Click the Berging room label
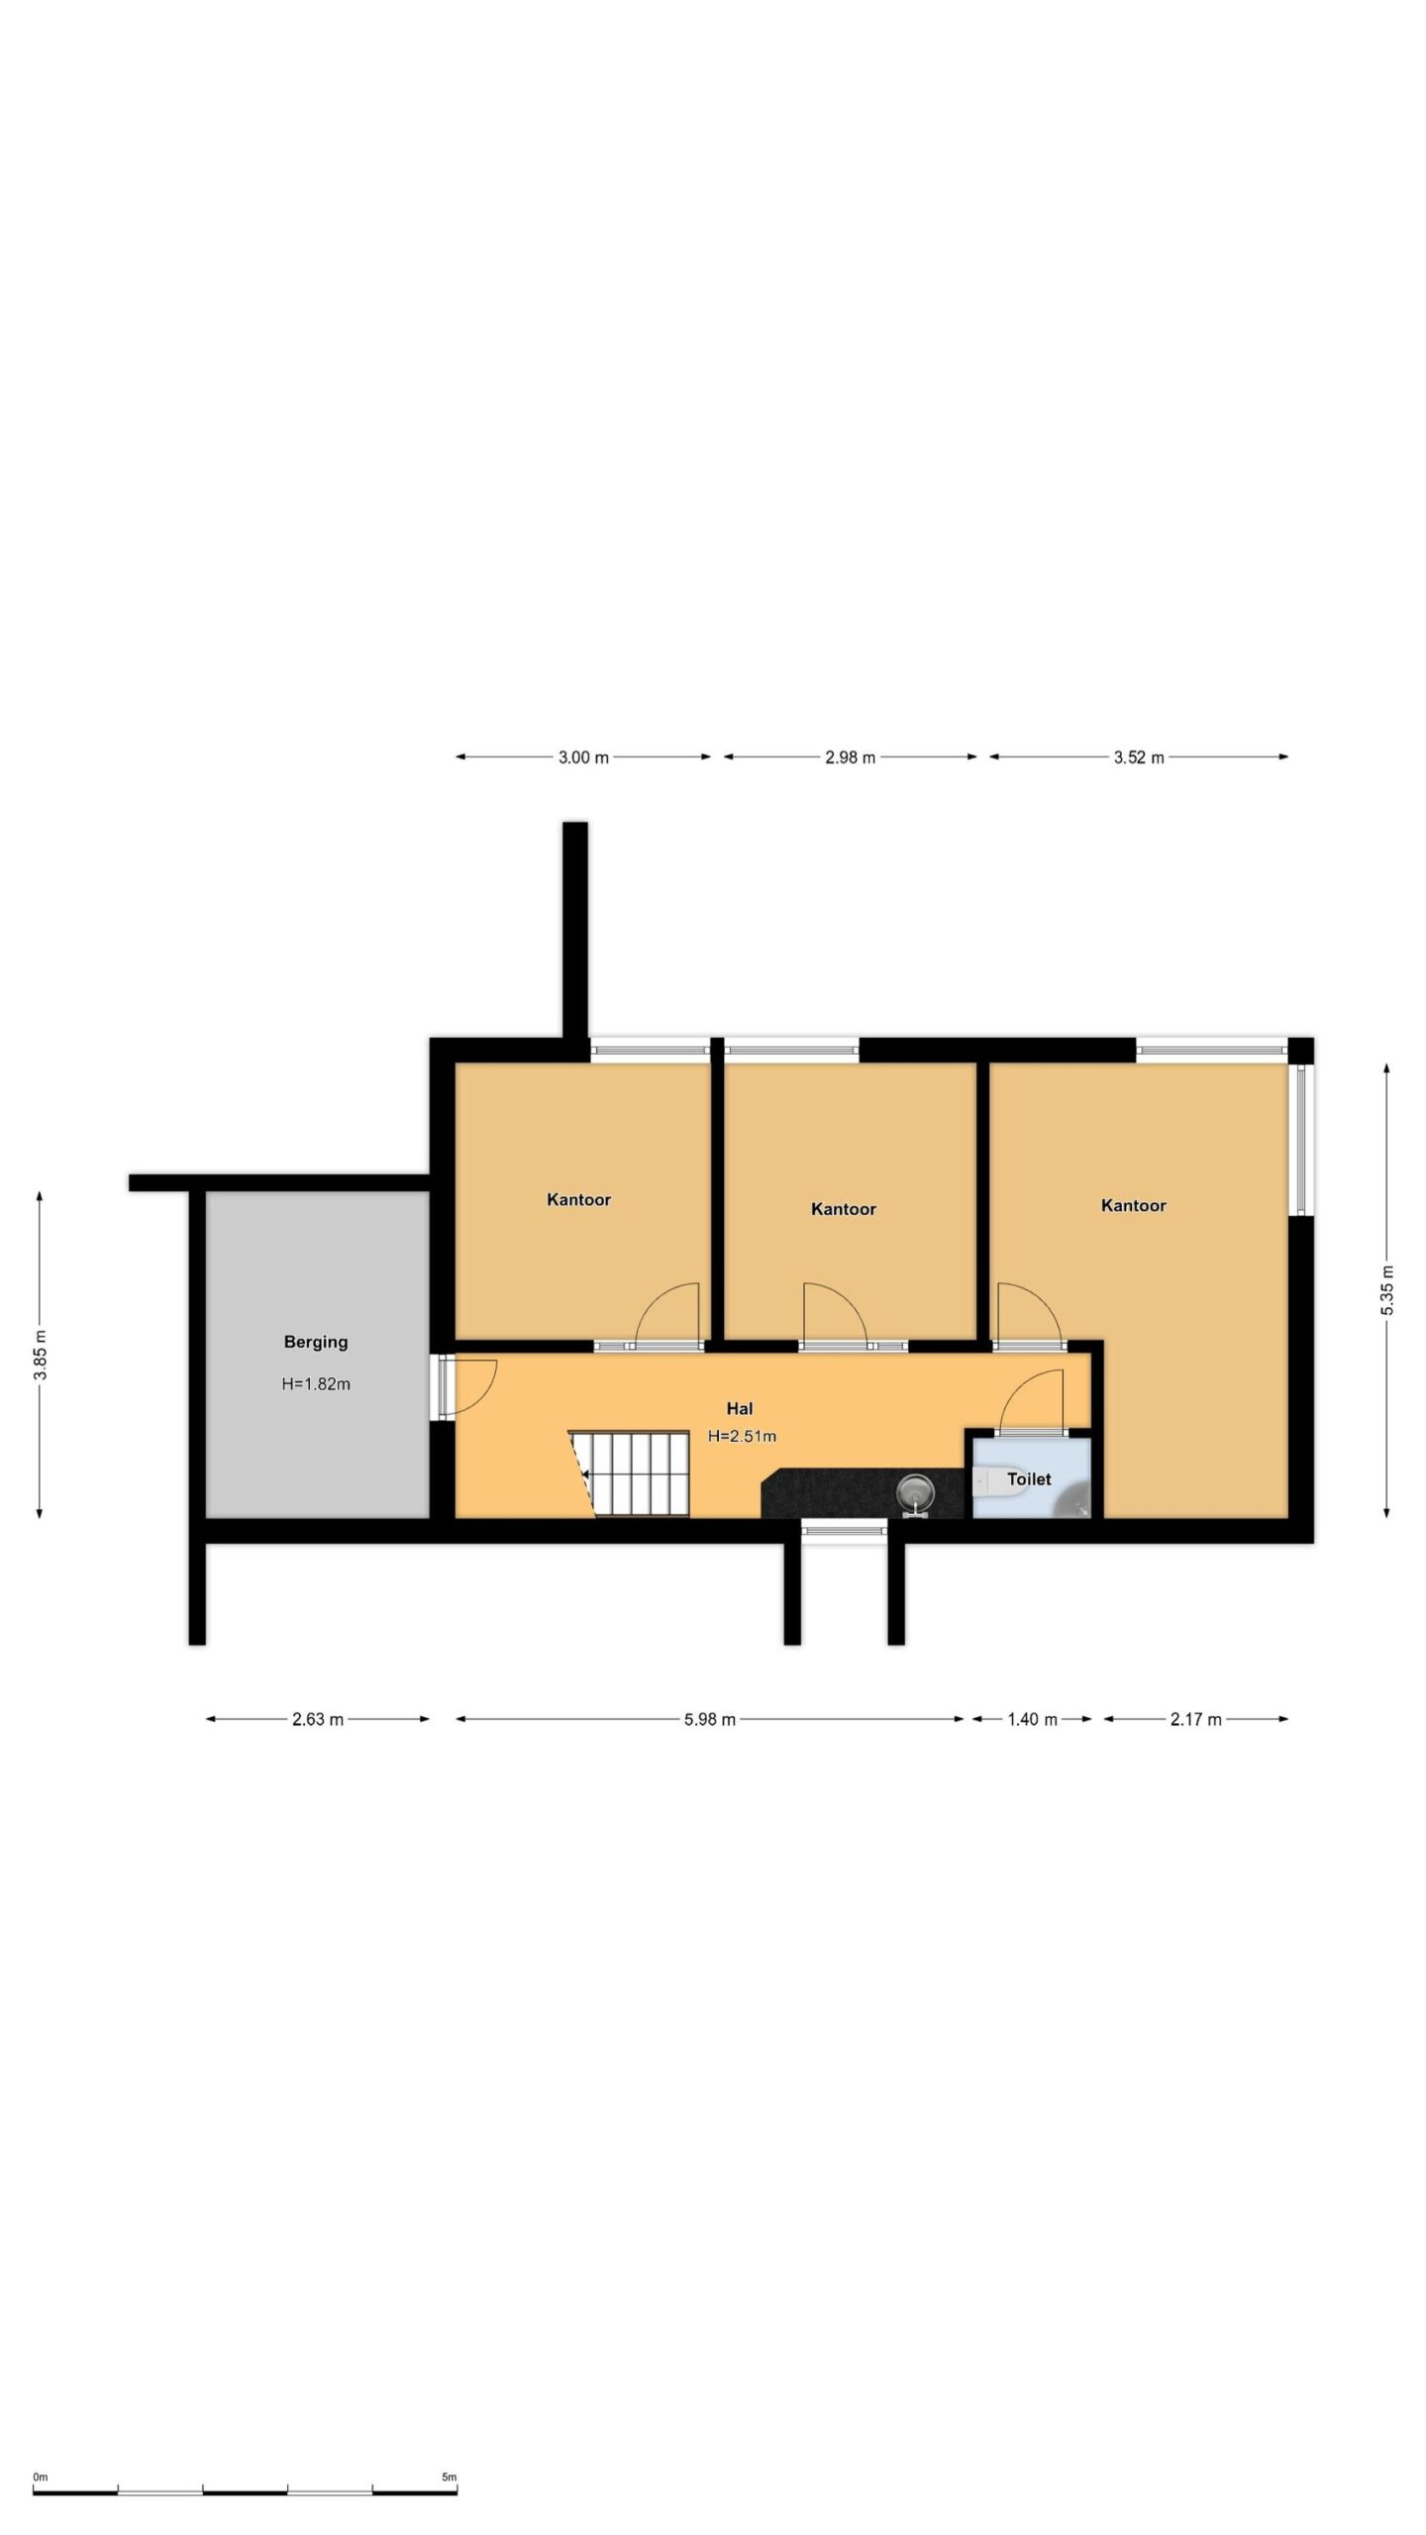click(x=316, y=1342)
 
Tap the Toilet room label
click(x=1029, y=1478)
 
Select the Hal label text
click(x=740, y=1408)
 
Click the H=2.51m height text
click(x=742, y=1436)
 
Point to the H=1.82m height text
click(x=316, y=1383)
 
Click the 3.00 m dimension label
click(x=583, y=758)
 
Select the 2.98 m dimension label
click(x=851, y=758)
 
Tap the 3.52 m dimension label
click(x=1139, y=758)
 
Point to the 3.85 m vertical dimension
click(x=40, y=1354)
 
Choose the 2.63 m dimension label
click(x=318, y=1719)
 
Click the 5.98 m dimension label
click(x=710, y=1719)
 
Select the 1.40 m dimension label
click(x=1033, y=1719)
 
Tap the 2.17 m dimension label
click(x=1196, y=1719)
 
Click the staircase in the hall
click(x=630, y=1472)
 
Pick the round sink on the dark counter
click(x=914, y=1490)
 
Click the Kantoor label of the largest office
click(x=1134, y=1205)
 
